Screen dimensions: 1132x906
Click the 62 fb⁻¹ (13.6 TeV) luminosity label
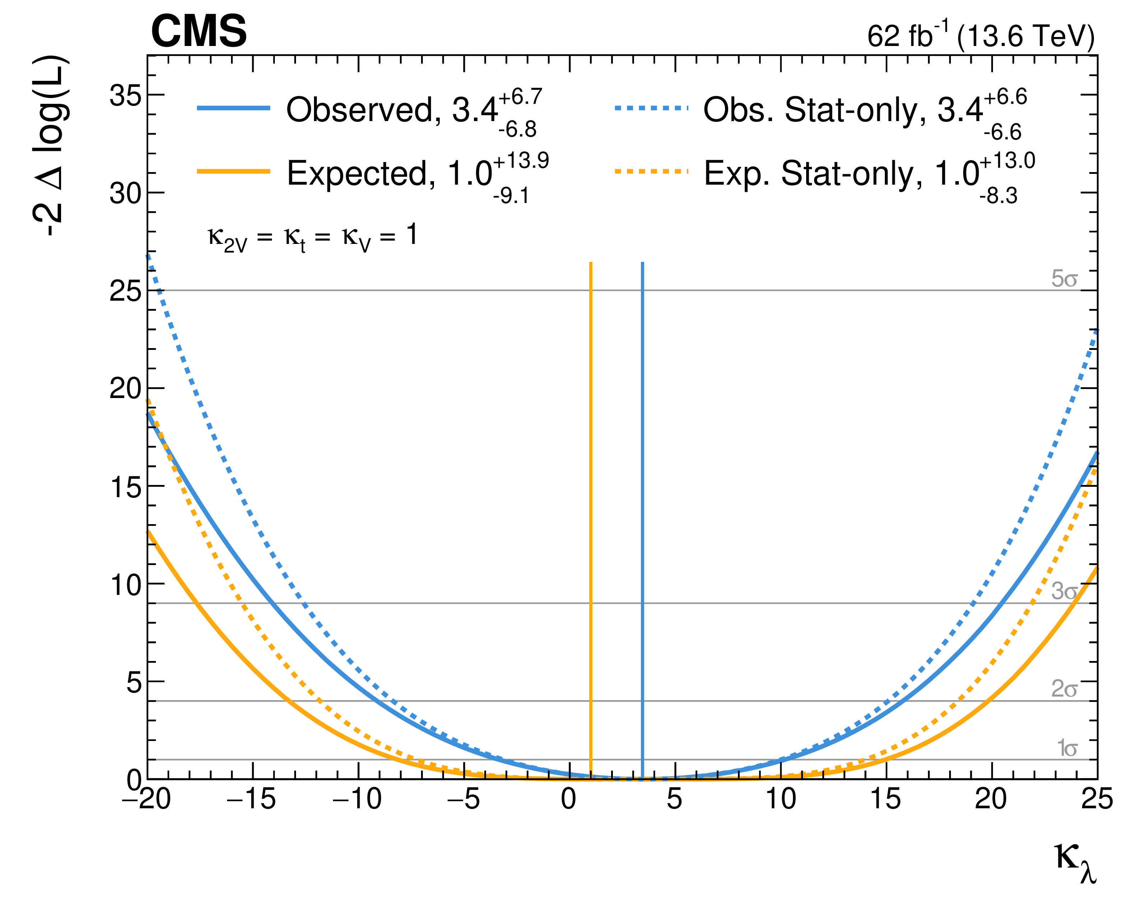point(980,35)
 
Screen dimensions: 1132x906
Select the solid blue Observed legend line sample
point(234,108)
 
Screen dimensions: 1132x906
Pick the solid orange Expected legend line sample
point(234,172)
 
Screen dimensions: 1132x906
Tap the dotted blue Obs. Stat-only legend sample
point(651,108)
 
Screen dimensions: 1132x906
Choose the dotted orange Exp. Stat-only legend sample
point(651,172)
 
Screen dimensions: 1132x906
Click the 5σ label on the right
point(1064,279)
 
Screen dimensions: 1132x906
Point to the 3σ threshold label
point(1064,592)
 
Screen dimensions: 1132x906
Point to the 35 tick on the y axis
point(126,96)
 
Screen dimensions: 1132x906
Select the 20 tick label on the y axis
point(126,389)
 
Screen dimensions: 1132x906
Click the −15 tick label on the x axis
point(251,799)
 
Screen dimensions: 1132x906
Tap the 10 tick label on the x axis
point(781,799)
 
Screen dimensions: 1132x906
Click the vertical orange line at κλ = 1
point(591,520)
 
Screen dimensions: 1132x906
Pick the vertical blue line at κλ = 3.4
point(642,520)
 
